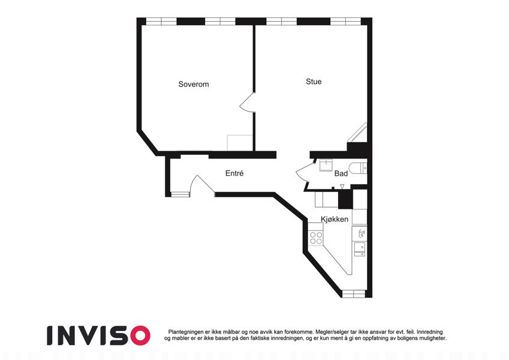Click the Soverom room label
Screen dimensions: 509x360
pyautogui.click(x=194, y=84)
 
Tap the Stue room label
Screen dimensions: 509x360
pyautogui.click(x=314, y=82)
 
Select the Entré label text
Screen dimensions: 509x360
pyautogui.click(x=234, y=173)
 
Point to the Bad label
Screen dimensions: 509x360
pyautogui.click(x=341, y=173)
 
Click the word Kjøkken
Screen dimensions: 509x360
pyautogui.click(x=335, y=219)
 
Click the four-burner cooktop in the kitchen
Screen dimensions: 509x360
pyautogui.click(x=316, y=238)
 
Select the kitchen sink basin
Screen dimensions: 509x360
pyautogui.click(x=359, y=248)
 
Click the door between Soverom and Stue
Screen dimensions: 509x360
pyautogui.click(x=248, y=103)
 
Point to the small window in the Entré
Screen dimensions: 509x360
pyautogui.click(x=180, y=194)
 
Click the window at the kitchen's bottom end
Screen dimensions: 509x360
pyautogui.click(x=354, y=294)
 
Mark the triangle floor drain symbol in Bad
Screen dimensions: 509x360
pyautogui.click(x=342, y=186)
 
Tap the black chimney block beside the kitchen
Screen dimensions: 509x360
pyautogui.click(x=346, y=199)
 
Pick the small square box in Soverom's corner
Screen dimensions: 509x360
pyautogui.click(x=240, y=143)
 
